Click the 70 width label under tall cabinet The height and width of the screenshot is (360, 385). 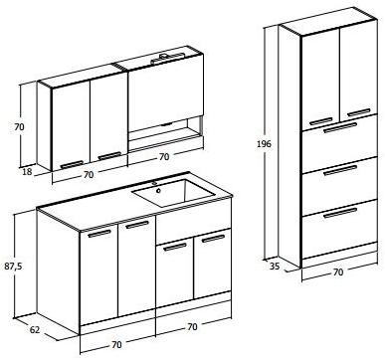pos(337,270)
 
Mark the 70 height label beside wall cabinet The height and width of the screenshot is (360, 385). pos(16,127)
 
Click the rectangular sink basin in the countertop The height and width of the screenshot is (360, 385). pos(175,195)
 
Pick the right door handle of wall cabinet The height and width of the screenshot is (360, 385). pos(109,156)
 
